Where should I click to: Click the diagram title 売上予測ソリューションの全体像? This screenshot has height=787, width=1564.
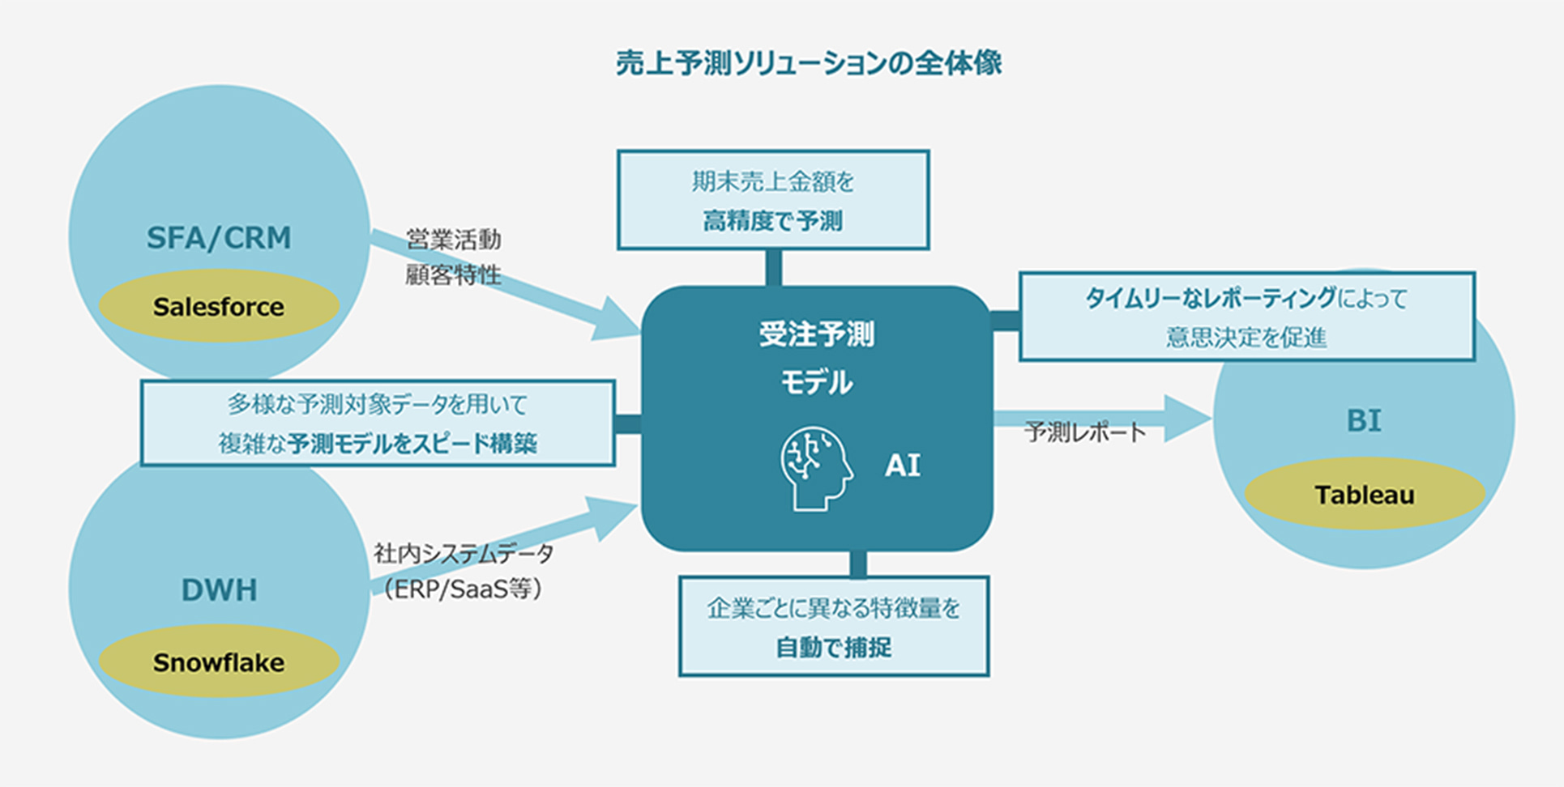tap(809, 63)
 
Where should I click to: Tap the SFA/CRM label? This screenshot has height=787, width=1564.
tap(219, 238)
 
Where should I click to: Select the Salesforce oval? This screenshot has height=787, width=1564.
tap(219, 307)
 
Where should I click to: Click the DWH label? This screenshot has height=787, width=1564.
tap(219, 590)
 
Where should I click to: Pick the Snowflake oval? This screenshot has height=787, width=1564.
tap(219, 662)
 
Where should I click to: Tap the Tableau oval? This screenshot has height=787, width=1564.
tap(1365, 495)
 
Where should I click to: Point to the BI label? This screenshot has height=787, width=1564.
tap(1364, 421)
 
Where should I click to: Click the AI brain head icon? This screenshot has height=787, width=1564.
tap(816, 469)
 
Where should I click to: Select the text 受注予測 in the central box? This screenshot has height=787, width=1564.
tap(817, 334)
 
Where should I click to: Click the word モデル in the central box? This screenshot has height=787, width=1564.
tap(817, 382)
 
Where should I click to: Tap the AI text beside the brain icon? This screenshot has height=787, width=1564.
tap(903, 466)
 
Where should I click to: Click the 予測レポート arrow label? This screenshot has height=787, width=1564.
tap(1085, 432)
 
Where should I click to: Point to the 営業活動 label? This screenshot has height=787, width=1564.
tap(454, 240)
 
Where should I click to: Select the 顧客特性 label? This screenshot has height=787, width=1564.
tap(454, 275)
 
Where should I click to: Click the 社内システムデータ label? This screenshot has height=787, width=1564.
tap(464, 554)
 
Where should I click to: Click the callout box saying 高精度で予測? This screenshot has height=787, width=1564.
tap(773, 200)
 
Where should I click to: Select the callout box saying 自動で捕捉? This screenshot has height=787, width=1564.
tap(834, 627)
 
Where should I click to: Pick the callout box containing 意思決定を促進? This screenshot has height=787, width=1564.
tap(1246, 317)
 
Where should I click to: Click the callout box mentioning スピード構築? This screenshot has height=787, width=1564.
tap(378, 423)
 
